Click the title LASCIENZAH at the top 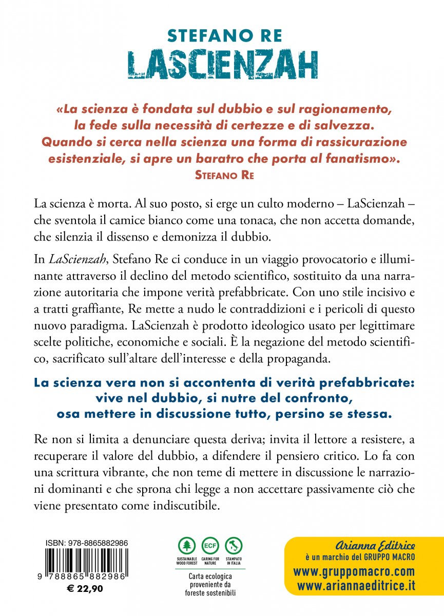tap(222, 64)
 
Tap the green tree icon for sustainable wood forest tap(187, 546)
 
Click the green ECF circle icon tap(210, 546)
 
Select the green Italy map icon tap(234, 546)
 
